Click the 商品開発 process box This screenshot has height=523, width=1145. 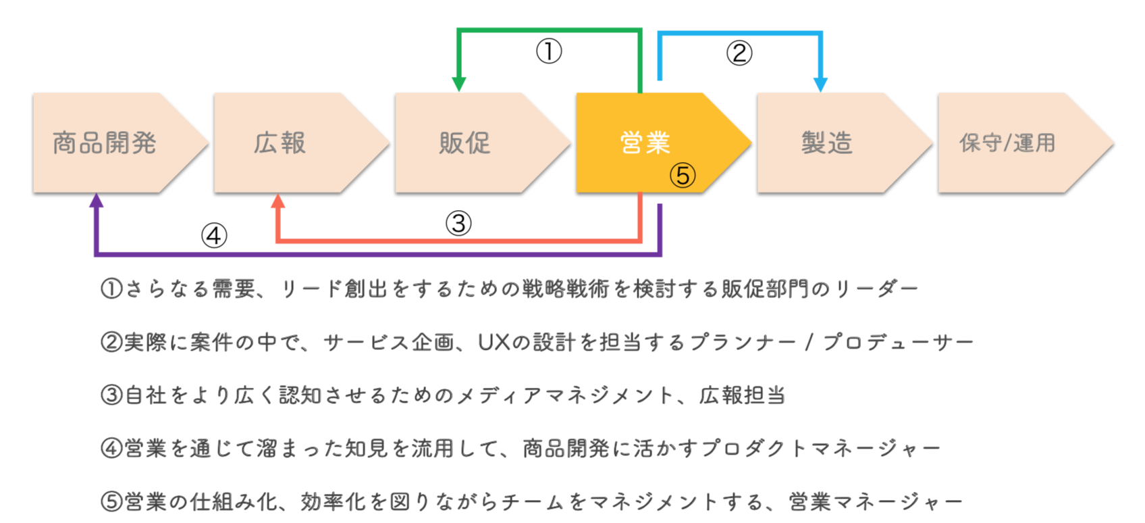click(x=105, y=143)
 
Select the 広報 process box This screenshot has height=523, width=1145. click(x=280, y=143)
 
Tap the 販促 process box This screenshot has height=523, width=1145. click(x=464, y=143)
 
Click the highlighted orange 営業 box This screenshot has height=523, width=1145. click(x=645, y=143)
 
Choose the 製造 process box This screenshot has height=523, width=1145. click(x=827, y=143)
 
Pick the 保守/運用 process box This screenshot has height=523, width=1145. click(x=1007, y=143)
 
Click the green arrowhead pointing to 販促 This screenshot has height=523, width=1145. click(x=459, y=84)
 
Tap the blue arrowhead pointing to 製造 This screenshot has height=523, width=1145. click(x=820, y=84)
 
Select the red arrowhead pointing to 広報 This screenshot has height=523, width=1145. click(x=278, y=201)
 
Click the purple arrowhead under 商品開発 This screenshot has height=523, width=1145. click(x=97, y=201)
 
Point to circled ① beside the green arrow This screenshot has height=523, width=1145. click(x=549, y=51)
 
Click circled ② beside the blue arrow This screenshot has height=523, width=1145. click(x=739, y=53)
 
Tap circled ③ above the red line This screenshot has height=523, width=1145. click(x=458, y=223)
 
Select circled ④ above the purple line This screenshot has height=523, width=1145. click(x=214, y=236)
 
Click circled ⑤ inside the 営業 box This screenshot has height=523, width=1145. click(x=683, y=176)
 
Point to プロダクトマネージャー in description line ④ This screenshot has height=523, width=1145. click(x=820, y=448)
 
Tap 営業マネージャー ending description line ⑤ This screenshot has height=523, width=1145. click(x=876, y=501)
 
